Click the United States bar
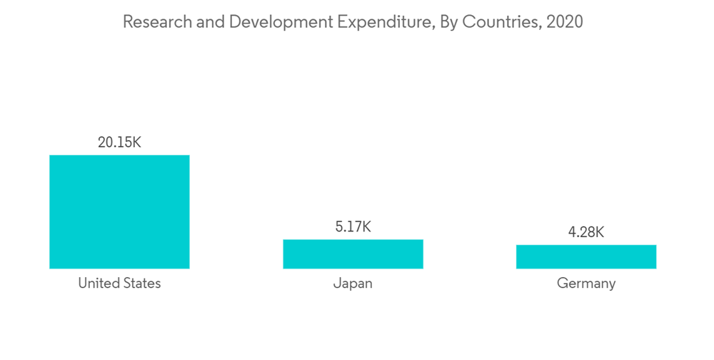coord(119,211)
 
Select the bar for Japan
coord(353,254)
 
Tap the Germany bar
coord(586,256)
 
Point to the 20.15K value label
coord(119,142)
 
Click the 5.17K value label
coord(353,227)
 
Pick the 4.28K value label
coord(586,232)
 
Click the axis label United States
coord(119,283)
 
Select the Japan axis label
coord(353,283)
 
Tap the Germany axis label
coord(586,283)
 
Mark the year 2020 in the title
coord(565,21)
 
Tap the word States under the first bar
coord(141,283)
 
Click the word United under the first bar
coord(98,283)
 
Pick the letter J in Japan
coord(336,283)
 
